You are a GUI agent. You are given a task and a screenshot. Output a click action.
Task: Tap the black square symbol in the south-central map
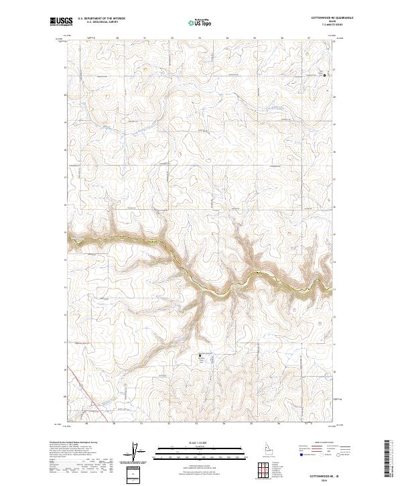click(200, 356)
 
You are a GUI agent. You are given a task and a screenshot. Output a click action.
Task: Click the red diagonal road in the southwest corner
click(76, 396)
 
